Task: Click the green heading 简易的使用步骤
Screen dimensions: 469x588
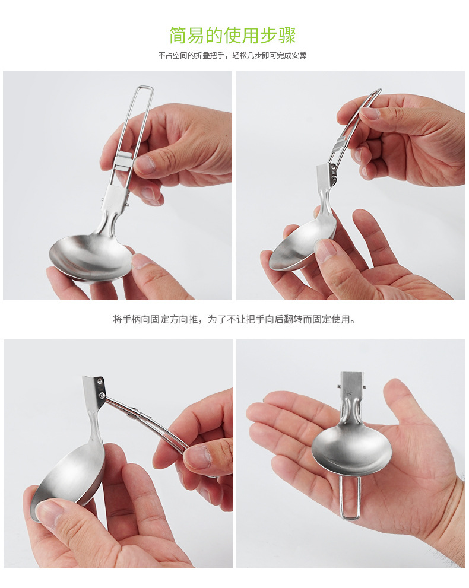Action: click(232, 36)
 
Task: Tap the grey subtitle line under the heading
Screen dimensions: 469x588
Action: click(232, 56)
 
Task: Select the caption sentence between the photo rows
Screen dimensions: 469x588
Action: click(234, 319)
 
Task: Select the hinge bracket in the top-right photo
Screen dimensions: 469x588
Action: click(326, 177)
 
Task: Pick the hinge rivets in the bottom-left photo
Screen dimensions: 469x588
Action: click(100, 388)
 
